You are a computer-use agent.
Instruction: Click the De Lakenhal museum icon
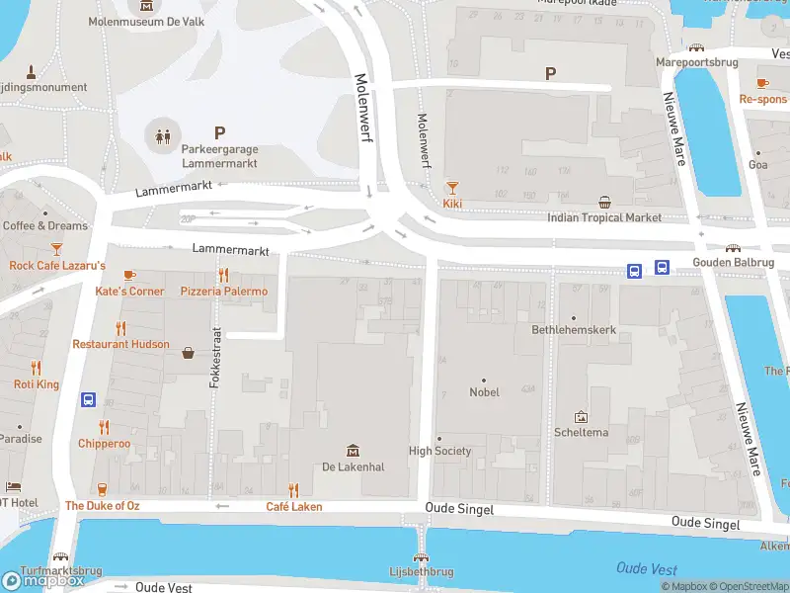[x=353, y=451]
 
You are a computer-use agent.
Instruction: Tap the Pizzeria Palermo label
[x=224, y=292]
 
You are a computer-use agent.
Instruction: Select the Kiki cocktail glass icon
[x=452, y=187]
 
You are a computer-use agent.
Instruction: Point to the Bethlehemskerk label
[x=574, y=330]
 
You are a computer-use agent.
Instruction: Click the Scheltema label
[x=581, y=433]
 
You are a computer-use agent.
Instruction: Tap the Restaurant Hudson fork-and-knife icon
[x=121, y=328]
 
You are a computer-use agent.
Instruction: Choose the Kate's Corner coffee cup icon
[x=129, y=275]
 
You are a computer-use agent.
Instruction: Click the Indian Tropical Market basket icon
[x=604, y=202]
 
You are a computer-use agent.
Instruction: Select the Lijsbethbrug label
[x=422, y=572]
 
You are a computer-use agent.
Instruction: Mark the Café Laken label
[x=294, y=507]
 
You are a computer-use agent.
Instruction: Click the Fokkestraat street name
[x=214, y=358]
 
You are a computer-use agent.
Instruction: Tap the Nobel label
[x=484, y=392]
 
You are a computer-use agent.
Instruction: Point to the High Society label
[x=440, y=452]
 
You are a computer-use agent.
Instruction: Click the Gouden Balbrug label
[x=734, y=263]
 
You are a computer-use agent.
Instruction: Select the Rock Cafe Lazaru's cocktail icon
[x=56, y=249]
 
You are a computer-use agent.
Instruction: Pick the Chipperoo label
[x=105, y=444]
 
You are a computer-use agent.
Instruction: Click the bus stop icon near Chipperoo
[x=88, y=400]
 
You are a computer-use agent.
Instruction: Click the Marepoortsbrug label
[x=697, y=62]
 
